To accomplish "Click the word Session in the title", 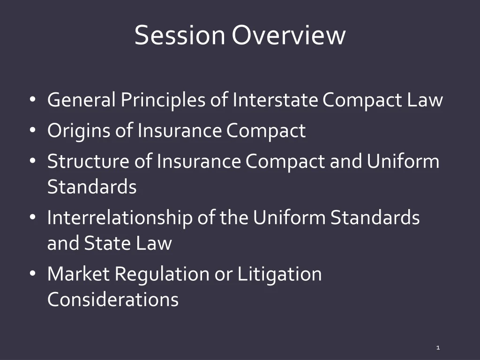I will pyautogui.click(x=180, y=35).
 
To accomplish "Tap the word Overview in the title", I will pyautogui.click(x=289, y=35).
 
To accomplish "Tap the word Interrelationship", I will pyautogui.click(x=120, y=217).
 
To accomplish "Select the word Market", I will pyautogui.click(x=78, y=274).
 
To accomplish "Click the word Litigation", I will pyautogui.click(x=279, y=274).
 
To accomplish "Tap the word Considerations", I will pyautogui.click(x=113, y=299).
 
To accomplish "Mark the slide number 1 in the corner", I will pyautogui.click(x=438, y=347).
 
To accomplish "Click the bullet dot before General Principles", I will pyautogui.click(x=32, y=100).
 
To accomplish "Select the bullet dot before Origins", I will pyautogui.click(x=32, y=131).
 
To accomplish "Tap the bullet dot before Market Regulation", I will pyautogui.click(x=32, y=274).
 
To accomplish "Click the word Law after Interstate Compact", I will pyautogui.click(x=425, y=100).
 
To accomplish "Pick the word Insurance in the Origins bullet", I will pyautogui.click(x=180, y=130).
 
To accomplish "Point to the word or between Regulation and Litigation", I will pyautogui.click(x=223, y=274).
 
